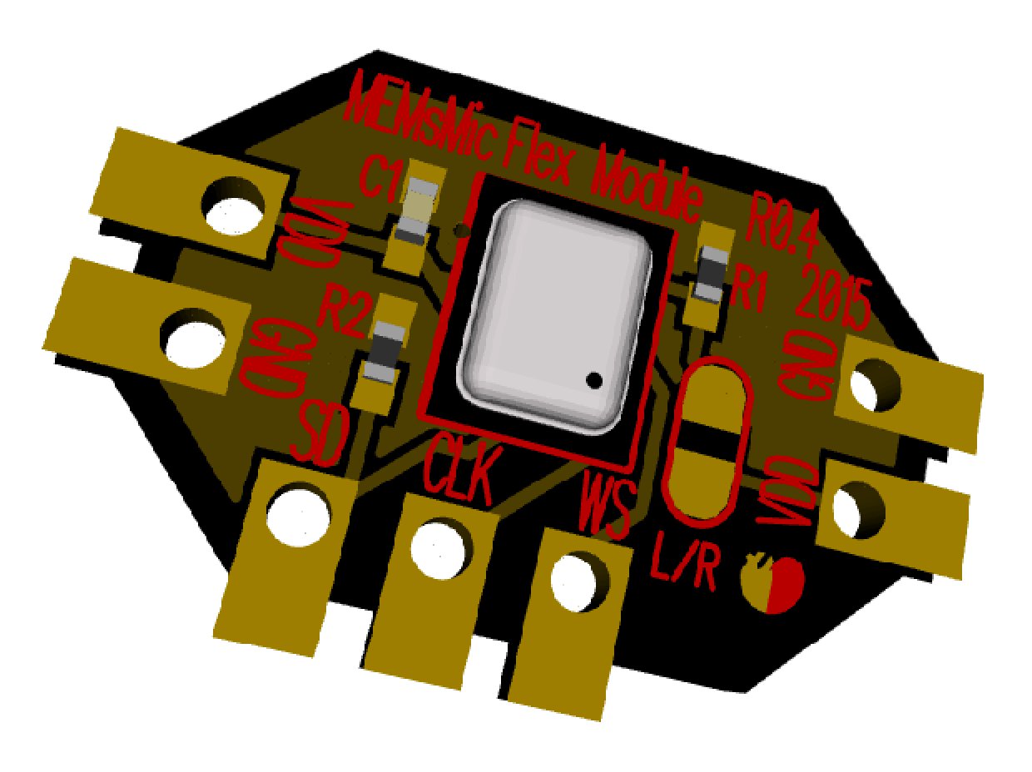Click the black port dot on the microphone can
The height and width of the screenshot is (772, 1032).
(593, 380)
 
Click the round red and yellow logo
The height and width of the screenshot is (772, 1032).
(772, 581)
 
